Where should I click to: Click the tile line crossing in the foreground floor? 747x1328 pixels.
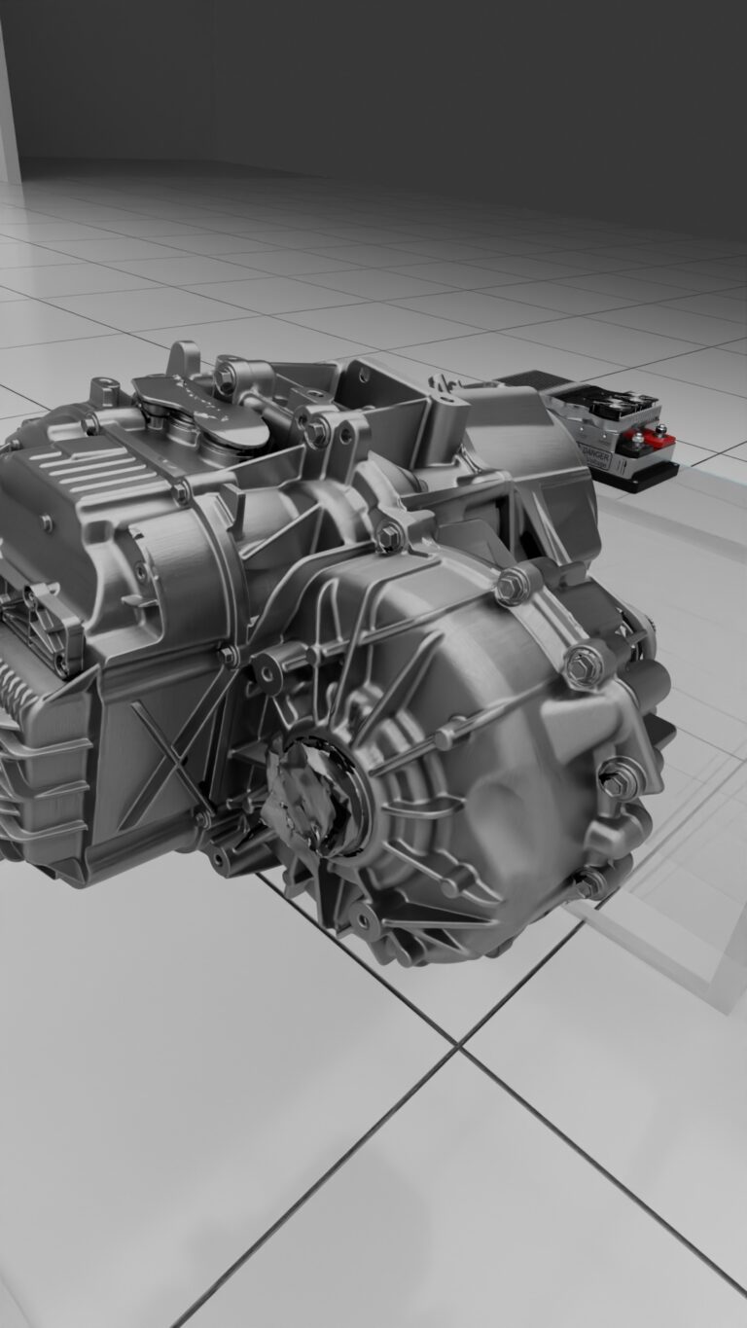coord(456,1047)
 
